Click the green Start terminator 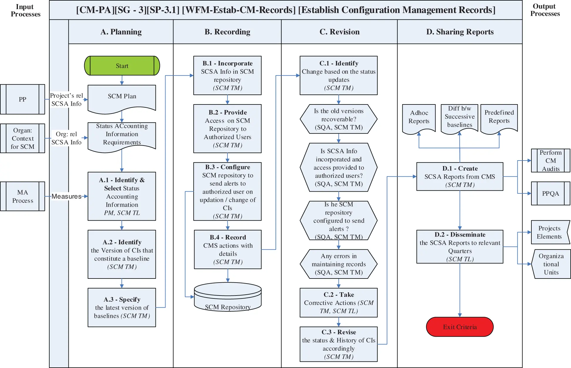[x=122, y=66]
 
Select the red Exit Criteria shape [x=459, y=327]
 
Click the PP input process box [x=23, y=99]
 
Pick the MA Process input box [x=23, y=196]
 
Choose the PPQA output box [x=550, y=193]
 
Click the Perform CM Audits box [x=550, y=161]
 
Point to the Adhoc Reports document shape [x=419, y=117]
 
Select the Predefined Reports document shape [x=499, y=117]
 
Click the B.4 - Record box [x=228, y=249]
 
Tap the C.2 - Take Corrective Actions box [x=338, y=303]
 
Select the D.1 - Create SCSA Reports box [x=459, y=176]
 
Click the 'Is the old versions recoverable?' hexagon [x=338, y=119]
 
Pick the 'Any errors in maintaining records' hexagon [x=338, y=264]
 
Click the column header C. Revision [x=339, y=32]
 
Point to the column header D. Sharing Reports [x=459, y=32]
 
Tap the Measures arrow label [x=66, y=196]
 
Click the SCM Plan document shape [x=122, y=98]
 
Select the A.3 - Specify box [x=122, y=307]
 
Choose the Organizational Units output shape [x=551, y=264]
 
